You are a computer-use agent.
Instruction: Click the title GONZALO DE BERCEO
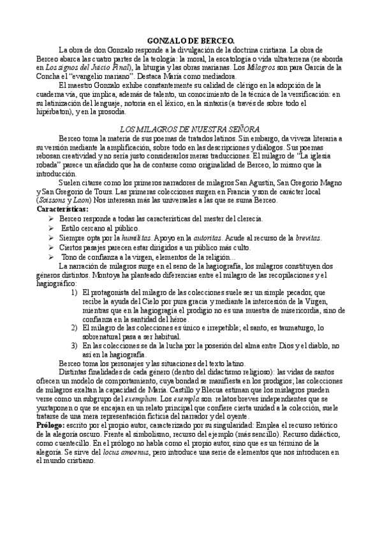pyautogui.click(x=191, y=39)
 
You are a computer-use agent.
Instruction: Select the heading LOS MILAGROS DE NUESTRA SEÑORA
pyautogui.click(x=191, y=129)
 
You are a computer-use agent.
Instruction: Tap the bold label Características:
pyautogui.click(x=63, y=209)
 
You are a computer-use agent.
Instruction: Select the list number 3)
pyautogui.click(x=75, y=345)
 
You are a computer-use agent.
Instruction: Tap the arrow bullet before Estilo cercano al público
pyautogui.click(x=52, y=228)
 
